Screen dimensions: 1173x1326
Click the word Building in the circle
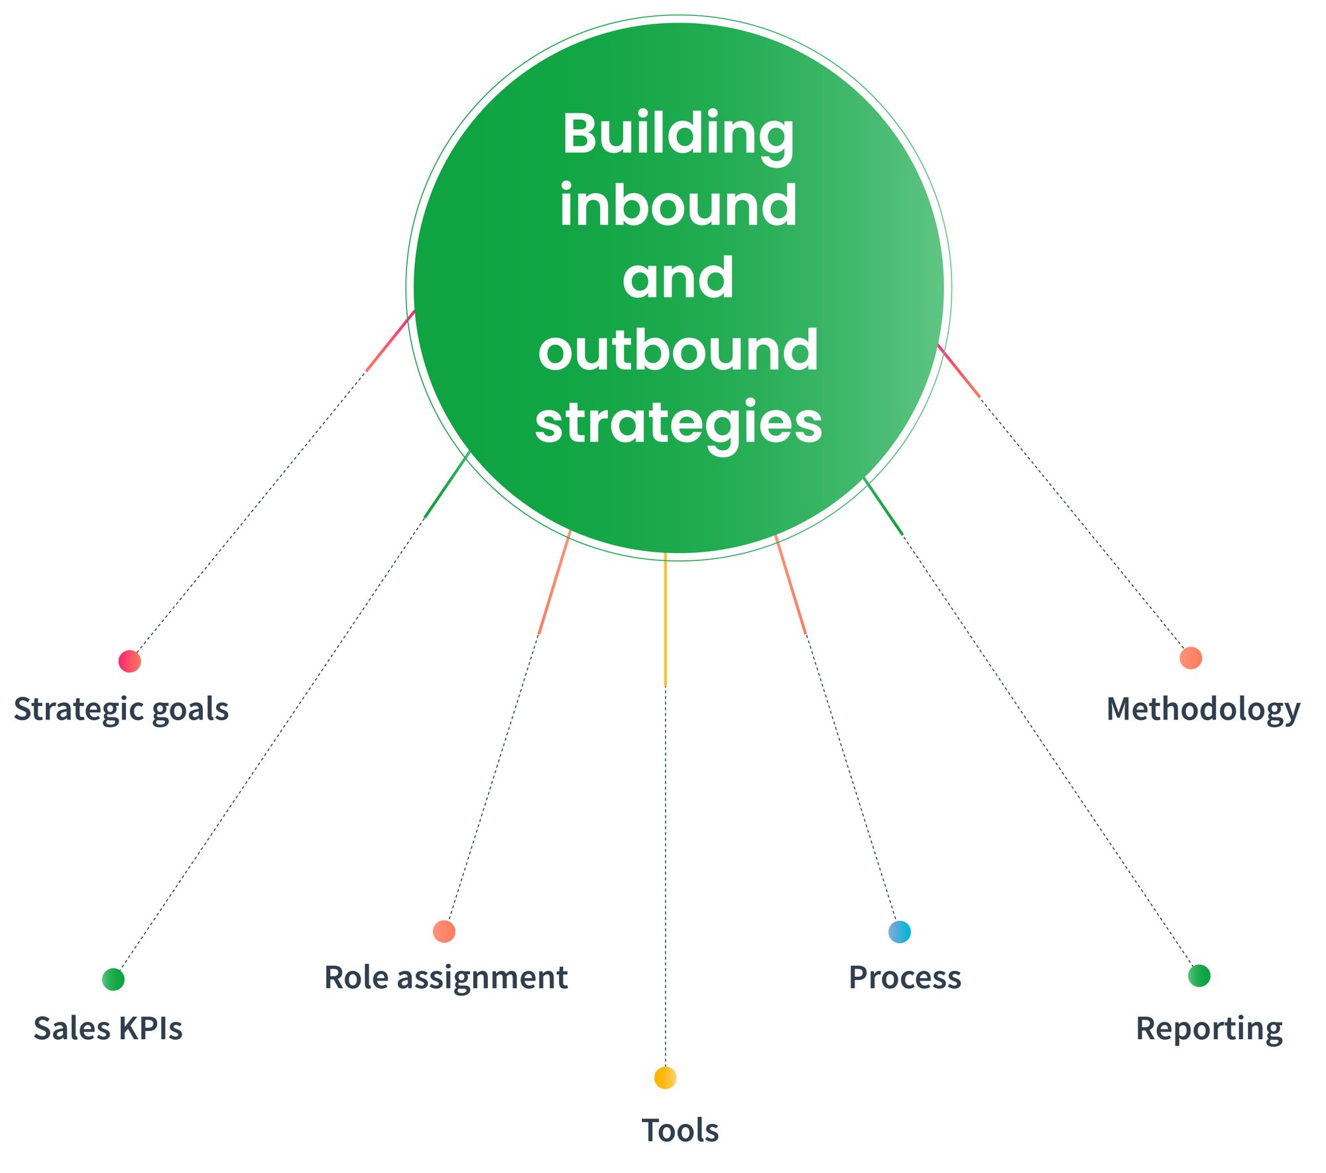678,135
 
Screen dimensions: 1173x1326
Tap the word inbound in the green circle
678,206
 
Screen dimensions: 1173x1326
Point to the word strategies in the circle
678,423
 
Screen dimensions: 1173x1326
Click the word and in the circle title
678,279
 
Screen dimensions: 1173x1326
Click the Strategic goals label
121,710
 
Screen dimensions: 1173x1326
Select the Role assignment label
446,977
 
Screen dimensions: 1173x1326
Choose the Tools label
680,1131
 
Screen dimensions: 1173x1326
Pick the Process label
904,977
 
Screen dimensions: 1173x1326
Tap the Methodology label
1203,710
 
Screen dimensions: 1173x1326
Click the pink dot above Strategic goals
129,661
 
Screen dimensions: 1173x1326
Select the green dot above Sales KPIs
113,979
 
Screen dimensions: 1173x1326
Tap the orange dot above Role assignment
444,931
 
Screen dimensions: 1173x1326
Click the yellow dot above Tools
665,1078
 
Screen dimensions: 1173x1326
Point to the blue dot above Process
899,932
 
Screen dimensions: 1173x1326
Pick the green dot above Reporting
1199,975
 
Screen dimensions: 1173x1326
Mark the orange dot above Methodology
1191,658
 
